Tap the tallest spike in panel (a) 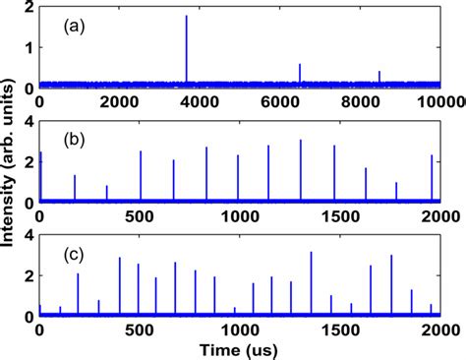click(186, 49)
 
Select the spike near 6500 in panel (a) click(300, 75)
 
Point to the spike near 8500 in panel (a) click(379, 79)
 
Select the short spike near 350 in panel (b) click(106, 193)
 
